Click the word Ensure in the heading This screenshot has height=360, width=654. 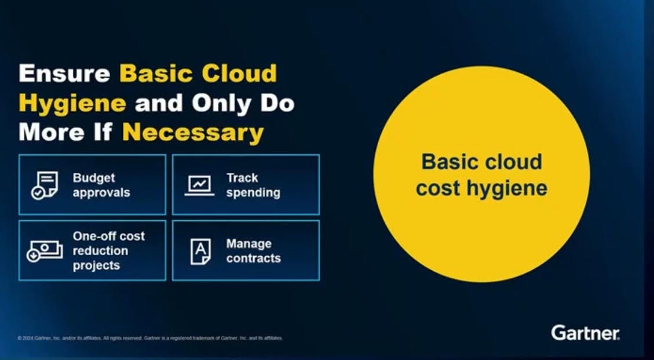pyautogui.click(x=64, y=74)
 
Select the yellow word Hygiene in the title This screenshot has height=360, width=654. pyautogui.click(x=72, y=104)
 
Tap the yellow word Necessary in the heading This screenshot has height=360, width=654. pyautogui.click(x=192, y=133)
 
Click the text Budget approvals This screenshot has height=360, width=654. pyautogui.click(x=101, y=185)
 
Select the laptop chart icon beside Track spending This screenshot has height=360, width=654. pyautogui.click(x=199, y=186)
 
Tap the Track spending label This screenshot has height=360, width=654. pyautogui.click(x=253, y=185)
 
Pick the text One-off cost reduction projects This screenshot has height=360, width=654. pyautogui.click(x=108, y=250)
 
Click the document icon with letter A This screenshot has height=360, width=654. pyautogui.click(x=200, y=251)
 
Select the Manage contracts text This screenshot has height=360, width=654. pyautogui.click(x=253, y=250)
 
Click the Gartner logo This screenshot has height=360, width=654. pyautogui.click(x=585, y=333)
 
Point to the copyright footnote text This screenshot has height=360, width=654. pyautogui.click(x=150, y=338)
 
